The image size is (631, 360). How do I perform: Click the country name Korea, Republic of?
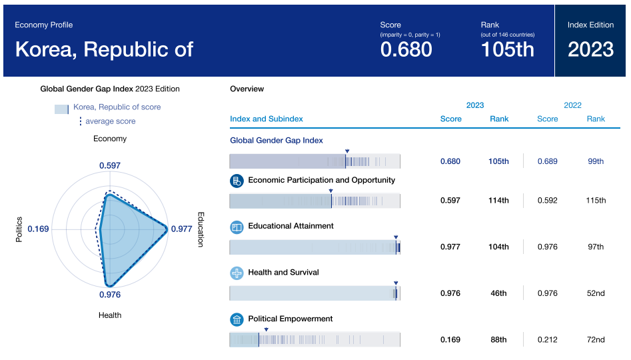point(104,49)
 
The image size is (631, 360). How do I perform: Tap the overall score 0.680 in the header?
point(406,49)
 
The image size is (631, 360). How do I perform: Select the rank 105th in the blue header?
point(507,49)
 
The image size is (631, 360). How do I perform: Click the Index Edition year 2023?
point(590,49)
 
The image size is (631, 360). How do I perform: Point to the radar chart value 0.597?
point(110,165)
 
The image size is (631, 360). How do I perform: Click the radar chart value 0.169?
point(39,229)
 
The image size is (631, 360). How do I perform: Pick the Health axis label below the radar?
point(110,315)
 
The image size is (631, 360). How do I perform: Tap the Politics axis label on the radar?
point(19,229)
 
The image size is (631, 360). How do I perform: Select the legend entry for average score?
point(110,121)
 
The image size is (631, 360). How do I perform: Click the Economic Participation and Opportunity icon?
point(237,181)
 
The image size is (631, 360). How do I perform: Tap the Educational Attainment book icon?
point(237,227)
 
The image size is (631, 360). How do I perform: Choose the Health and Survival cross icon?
point(237,273)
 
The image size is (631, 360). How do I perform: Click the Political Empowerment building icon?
point(237,319)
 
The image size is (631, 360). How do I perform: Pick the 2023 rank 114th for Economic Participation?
point(498,201)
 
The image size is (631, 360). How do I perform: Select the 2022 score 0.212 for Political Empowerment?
point(548,340)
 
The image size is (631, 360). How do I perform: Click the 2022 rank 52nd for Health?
point(596,293)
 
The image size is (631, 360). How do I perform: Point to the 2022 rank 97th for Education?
point(596,247)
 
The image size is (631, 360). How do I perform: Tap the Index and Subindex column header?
point(267,119)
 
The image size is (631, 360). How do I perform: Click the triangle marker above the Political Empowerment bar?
point(266,329)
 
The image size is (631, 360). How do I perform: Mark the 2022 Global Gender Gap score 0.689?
point(548,161)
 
